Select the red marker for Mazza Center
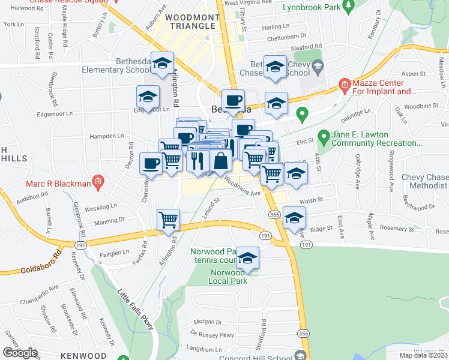coord(344,85)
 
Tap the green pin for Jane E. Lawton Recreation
coord(323,137)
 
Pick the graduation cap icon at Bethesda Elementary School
coord(162,64)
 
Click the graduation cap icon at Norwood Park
coord(247,258)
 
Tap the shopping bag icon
coord(221,161)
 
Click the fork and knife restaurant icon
coord(199,161)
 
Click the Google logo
coord(19,353)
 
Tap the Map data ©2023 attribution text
coord(423,355)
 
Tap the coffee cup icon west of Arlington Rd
coord(151,163)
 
